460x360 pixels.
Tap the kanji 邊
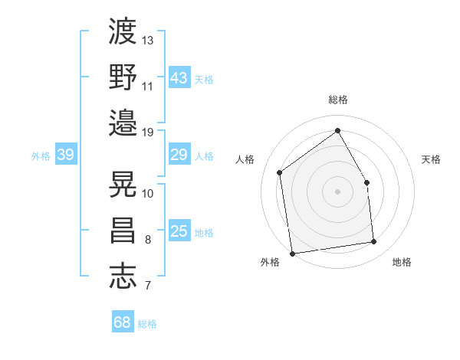(123, 121)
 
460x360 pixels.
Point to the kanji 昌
(123, 230)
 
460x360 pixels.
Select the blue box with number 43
(179, 78)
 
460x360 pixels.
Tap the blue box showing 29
(179, 155)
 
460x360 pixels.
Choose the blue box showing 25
(179, 232)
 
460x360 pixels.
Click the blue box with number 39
(65, 155)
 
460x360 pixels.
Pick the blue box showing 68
(122, 322)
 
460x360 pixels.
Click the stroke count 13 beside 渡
(148, 39)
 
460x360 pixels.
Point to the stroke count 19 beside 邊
(148, 132)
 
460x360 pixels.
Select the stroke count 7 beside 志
(147, 286)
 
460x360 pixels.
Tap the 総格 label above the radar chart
(337, 100)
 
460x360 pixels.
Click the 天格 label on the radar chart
(431, 159)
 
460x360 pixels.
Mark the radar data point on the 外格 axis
(292, 253)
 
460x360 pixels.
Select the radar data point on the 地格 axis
(374, 242)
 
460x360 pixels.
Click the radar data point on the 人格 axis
(280, 172)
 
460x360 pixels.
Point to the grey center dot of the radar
(337, 191)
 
